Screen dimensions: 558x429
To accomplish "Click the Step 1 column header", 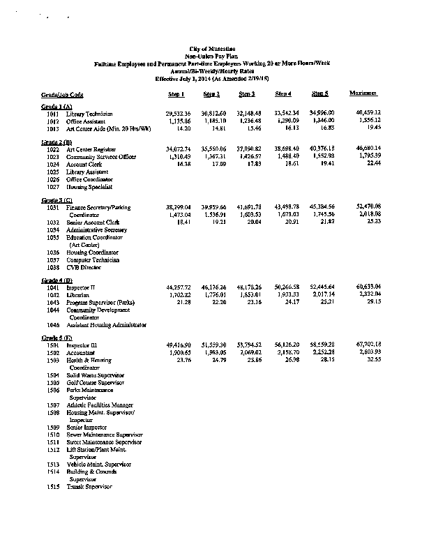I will coord(175,93).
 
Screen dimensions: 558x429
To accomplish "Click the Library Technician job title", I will coord(90,113).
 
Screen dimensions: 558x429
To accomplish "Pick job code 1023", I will coord(52,157).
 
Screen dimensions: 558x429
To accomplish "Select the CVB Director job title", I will coord(84,267).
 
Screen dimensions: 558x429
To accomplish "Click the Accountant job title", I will coord(82,353).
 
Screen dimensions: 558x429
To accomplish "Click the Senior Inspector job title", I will coord(87,427).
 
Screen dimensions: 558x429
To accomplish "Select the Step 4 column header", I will coord(283,93).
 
